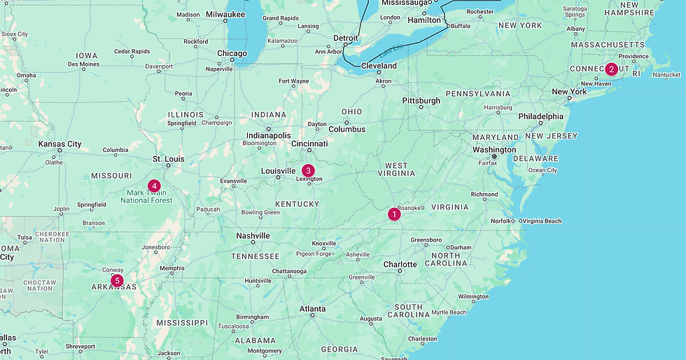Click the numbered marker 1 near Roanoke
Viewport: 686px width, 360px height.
(394, 214)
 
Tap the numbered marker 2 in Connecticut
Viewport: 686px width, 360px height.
(611, 69)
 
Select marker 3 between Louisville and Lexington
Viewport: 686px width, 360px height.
(308, 170)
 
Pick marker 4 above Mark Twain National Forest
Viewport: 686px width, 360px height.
(154, 186)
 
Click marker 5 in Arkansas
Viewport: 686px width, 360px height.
(117, 280)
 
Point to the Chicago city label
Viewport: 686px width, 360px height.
(232, 53)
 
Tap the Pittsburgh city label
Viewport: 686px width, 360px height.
(421, 100)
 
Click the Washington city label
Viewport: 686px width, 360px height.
(493, 149)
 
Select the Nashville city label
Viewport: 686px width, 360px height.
(253, 235)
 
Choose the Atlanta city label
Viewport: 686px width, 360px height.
(312, 308)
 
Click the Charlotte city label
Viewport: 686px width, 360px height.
(400, 264)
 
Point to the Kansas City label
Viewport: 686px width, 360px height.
(59, 144)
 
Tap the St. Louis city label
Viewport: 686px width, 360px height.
(168, 158)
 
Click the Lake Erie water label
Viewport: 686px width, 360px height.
(392, 52)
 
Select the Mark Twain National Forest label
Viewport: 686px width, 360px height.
(146, 196)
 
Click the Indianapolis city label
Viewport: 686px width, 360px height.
(268, 135)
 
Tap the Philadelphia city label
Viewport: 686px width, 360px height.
(540, 116)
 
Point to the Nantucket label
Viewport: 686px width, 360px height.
(666, 75)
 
